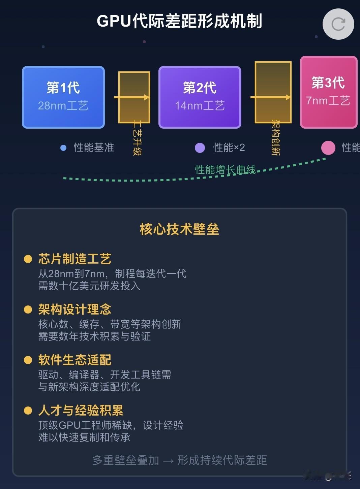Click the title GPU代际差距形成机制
click(179, 21)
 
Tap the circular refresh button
click(338, 24)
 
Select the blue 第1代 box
click(63, 97)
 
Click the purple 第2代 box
click(200, 97)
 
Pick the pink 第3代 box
click(328, 92)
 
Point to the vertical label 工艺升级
click(137, 138)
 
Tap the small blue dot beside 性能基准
click(63, 148)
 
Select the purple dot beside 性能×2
click(200, 148)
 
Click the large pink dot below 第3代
click(328, 148)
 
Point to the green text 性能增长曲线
click(225, 169)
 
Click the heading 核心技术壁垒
click(179, 229)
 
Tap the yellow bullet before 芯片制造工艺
click(28, 259)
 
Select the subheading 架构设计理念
click(74, 309)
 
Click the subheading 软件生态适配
click(74, 360)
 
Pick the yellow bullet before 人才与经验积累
click(28, 410)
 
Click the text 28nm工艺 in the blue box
click(63, 106)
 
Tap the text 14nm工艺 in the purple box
click(200, 106)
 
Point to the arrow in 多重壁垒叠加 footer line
click(168, 460)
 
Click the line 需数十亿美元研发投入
click(89, 286)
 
